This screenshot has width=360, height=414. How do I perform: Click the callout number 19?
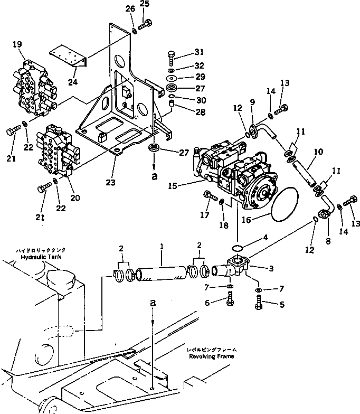(x=17, y=45)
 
